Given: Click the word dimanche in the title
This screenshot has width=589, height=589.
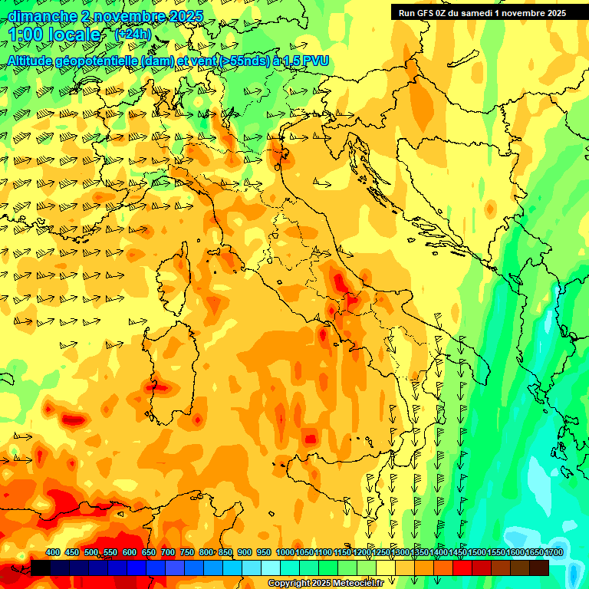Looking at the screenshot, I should click(x=38, y=16).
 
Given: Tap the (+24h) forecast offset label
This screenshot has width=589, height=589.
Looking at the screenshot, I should click(x=133, y=35).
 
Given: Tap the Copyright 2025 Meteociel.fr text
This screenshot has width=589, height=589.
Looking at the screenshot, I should click(x=325, y=584).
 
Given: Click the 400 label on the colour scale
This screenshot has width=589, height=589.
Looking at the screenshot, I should click(x=53, y=552).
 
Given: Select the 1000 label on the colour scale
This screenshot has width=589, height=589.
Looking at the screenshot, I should click(x=285, y=552).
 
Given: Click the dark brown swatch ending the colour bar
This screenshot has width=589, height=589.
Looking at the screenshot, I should click(x=539, y=568).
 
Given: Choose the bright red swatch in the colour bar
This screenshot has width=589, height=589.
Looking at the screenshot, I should click(x=462, y=568).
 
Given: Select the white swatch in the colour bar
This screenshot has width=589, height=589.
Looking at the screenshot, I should click(x=271, y=568).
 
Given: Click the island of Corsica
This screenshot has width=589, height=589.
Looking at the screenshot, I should click(x=176, y=280).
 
